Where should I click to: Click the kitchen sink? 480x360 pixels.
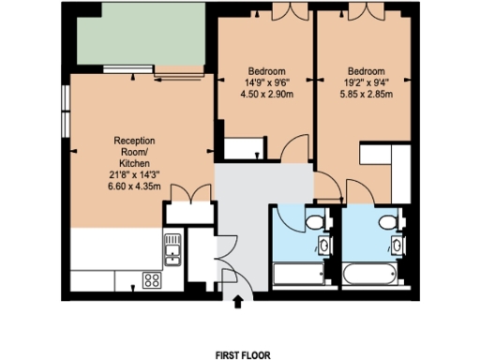tap(172, 247)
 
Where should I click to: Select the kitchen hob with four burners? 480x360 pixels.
tap(151, 278)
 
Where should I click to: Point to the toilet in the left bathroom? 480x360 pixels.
tap(316, 221)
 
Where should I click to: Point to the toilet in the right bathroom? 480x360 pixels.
tap(387, 221)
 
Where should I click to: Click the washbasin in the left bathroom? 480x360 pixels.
tap(324, 246)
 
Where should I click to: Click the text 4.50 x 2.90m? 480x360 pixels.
tap(267, 95)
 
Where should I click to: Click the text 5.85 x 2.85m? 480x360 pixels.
tap(367, 95)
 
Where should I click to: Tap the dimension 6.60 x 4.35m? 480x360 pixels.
tap(134, 186)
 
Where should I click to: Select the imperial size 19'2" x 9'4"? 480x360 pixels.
tap(367, 82)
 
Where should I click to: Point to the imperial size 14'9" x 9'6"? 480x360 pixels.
tap(267, 82)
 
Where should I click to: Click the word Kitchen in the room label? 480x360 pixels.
tap(134, 162)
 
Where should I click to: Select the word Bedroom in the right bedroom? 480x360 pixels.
tap(367, 71)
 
